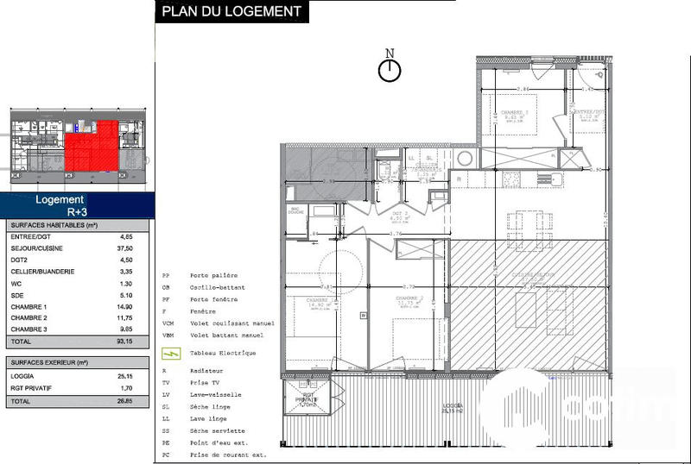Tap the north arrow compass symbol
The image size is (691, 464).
point(390,70)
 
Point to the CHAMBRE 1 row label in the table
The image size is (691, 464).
point(28,306)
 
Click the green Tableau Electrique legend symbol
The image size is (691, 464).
point(171,353)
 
